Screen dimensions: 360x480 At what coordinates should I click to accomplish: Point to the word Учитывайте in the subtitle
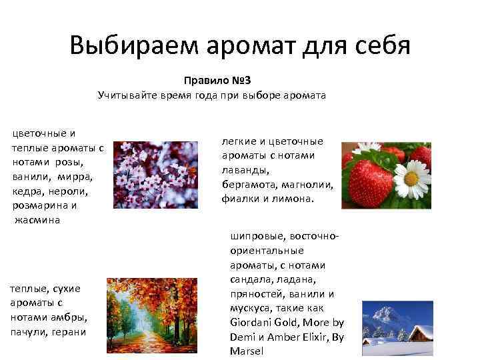(x=125, y=95)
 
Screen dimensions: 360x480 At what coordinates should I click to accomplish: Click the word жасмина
(x=37, y=220)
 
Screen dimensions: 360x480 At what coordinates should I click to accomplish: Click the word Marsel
(x=247, y=351)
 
